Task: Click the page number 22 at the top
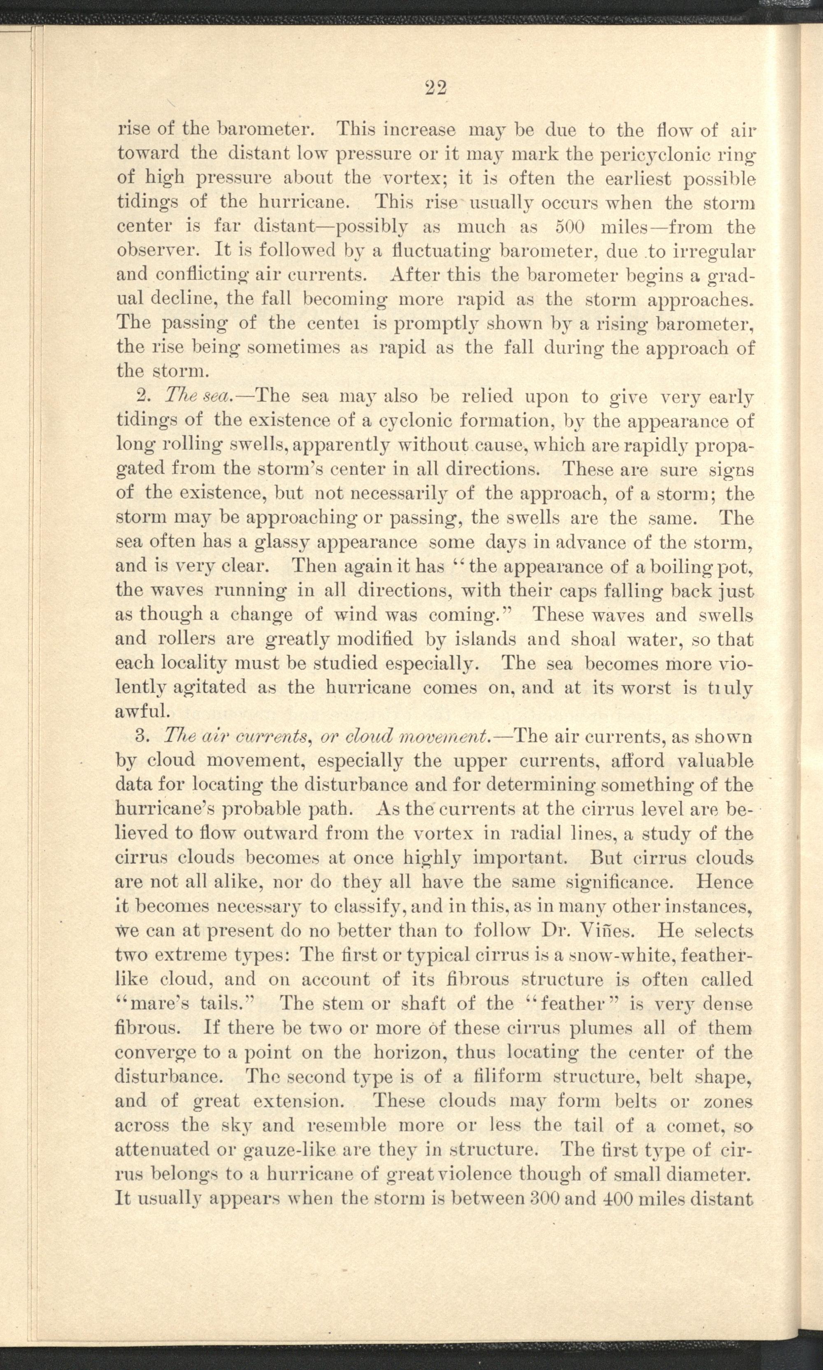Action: [436, 88]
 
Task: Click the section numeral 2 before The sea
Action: [140, 397]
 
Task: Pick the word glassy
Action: [274, 542]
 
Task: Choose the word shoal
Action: [593, 639]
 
